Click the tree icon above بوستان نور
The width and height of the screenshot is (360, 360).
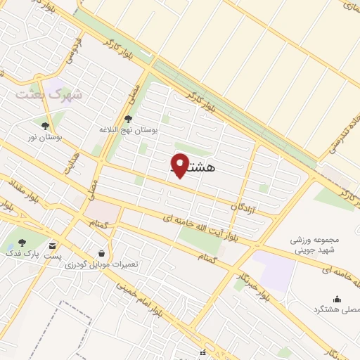(45, 126)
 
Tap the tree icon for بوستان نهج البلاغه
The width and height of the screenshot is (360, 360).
(127, 120)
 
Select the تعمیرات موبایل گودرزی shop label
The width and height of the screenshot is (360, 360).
(101, 264)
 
